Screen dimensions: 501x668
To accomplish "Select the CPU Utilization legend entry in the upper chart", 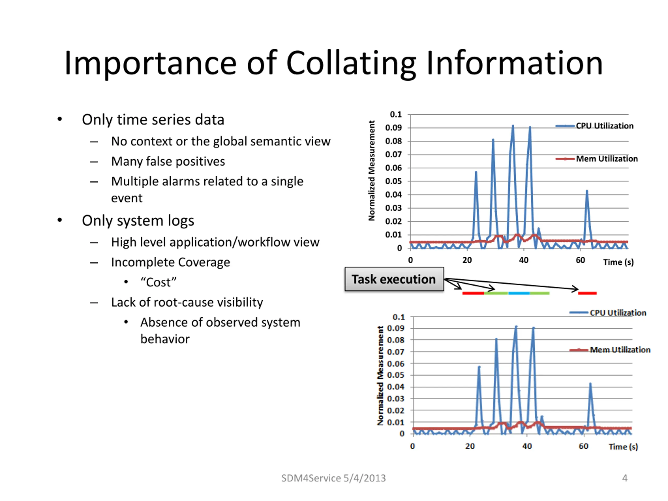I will pyautogui.click(x=604, y=126).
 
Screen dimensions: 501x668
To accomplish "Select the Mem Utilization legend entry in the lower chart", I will pyautogui.click(x=620, y=350).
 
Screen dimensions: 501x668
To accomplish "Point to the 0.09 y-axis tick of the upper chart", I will pyautogui.click(x=393, y=128).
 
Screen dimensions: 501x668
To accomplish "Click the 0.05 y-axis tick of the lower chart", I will pyautogui.click(x=396, y=375).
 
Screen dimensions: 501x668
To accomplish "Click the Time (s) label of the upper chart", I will pyautogui.click(x=618, y=262).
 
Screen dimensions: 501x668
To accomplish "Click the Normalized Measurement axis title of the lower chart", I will pyautogui.click(x=380, y=376).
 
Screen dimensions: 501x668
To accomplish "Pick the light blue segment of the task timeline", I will pyautogui.click(x=519, y=293).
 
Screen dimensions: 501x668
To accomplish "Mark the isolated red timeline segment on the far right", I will pyautogui.click(x=587, y=293).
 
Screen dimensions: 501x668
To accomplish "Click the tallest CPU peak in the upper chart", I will pyautogui.click(x=513, y=126).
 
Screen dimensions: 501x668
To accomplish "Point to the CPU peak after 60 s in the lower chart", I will pyautogui.click(x=590, y=384).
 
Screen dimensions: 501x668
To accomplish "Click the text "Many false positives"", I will pyautogui.click(x=168, y=162).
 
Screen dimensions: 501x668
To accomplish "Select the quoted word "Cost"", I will pyautogui.click(x=158, y=282).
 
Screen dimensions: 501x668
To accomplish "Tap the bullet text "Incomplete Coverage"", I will pyautogui.click(x=170, y=263).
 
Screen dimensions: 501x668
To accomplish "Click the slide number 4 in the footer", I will pyautogui.click(x=624, y=478).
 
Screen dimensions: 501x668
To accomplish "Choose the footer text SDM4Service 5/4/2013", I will pyautogui.click(x=333, y=478).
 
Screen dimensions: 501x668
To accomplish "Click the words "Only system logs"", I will pyautogui.click(x=138, y=221).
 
